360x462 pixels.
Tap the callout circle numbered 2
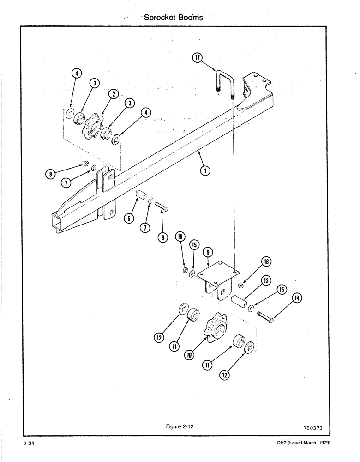[112, 94]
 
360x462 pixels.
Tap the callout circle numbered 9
[209, 253]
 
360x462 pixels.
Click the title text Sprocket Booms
[173, 18]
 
